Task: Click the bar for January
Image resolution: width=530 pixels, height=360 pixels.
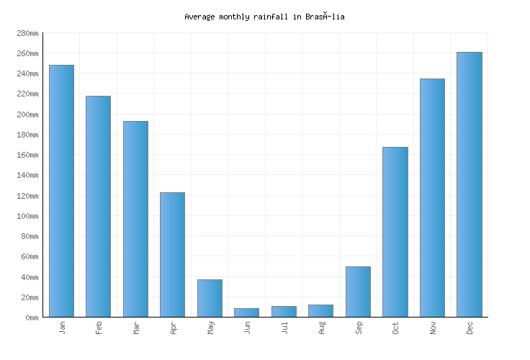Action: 61,191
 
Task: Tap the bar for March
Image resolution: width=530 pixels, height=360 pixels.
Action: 135,219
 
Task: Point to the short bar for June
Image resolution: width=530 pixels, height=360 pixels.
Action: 246,312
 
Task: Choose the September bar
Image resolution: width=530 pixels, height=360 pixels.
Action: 358,292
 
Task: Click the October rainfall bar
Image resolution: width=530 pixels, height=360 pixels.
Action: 395,232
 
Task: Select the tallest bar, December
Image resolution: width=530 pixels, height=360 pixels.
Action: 469,184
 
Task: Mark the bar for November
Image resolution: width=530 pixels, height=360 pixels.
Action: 432,197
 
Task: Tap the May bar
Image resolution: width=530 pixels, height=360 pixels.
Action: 210,298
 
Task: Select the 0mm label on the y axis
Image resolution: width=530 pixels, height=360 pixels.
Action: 31,318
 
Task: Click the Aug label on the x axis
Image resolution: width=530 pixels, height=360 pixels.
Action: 322,328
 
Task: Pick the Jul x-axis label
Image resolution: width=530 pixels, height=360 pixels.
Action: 284,328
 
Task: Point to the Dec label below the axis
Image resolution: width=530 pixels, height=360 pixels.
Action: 470,328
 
